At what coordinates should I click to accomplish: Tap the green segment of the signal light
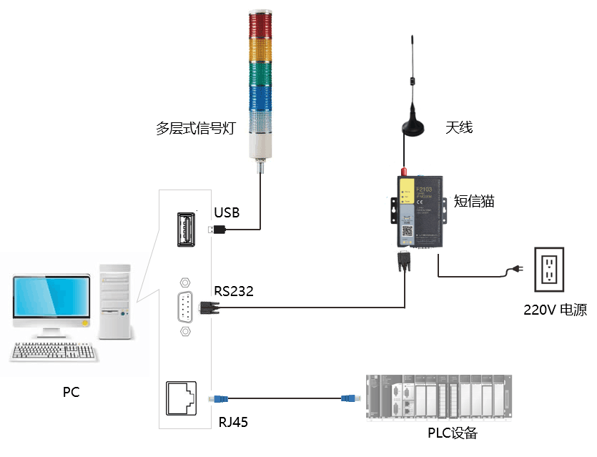click(x=260, y=74)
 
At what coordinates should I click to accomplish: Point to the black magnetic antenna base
click(x=412, y=128)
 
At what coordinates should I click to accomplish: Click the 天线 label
click(x=459, y=128)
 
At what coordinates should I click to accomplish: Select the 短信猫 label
click(x=475, y=201)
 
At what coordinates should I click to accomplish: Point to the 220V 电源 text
click(x=555, y=310)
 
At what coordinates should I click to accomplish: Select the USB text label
click(x=227, y=212)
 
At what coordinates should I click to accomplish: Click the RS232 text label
click(x=234, y=291)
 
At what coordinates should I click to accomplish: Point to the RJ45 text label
click(x=233, y=422)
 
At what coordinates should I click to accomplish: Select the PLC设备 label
click(x=452, y=433)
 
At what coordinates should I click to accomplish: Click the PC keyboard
click(x=54, y=350)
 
